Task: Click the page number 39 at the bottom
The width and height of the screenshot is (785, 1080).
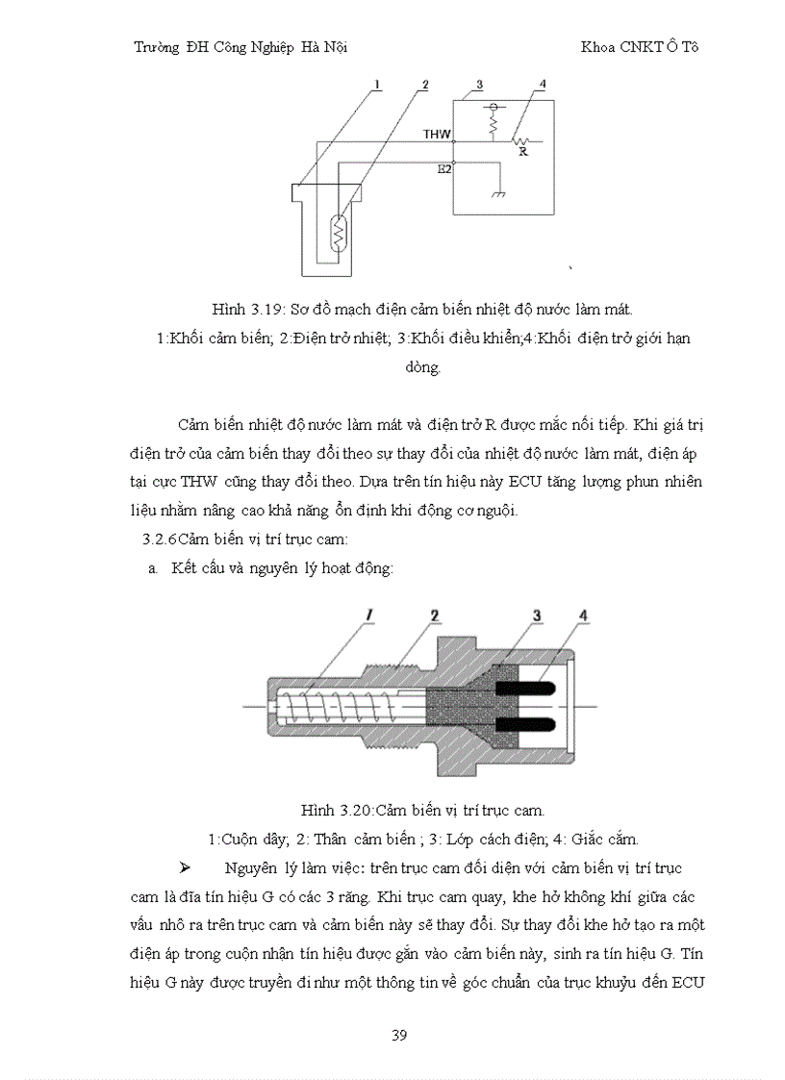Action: pyautogui.click(x=399, y=1035)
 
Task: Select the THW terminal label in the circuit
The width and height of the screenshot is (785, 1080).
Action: pyautogui.click(x=438, y=135)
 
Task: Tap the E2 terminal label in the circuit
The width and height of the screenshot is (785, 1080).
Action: pyautogui.click(x=443, y=168)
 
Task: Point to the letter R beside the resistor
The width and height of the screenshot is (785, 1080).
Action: pyautogui.click(x=522, y=151)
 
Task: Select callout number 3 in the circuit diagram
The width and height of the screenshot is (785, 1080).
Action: pyautogui.click(x=465, y=86)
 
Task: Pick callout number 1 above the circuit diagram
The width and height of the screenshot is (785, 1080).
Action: pyautogui.click(x=378, y=85)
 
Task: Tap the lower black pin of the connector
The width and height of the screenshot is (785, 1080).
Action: pyautogui.click(x=523, y=722)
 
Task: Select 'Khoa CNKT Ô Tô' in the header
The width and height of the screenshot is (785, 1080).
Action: pyautogui.click(x=639, y=47)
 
